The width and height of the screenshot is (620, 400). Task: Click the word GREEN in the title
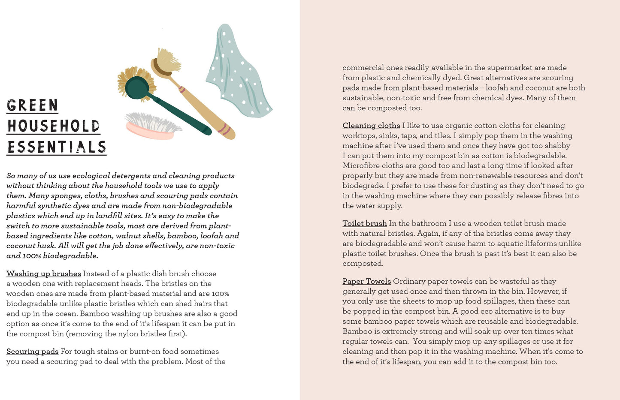[x=32, y=105]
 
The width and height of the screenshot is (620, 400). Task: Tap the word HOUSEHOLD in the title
[x=54, y=126]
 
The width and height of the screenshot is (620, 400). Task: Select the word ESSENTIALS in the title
[x=57, y=147]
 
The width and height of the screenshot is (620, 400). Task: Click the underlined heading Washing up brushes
[x=44, y=274]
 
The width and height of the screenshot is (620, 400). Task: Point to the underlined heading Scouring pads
[x=33, y=352]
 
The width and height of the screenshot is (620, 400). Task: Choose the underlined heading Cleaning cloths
[x=371, y=126]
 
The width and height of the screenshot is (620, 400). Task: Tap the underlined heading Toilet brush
[x=365, y=223]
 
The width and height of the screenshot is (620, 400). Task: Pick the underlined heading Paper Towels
[x=366, y=281]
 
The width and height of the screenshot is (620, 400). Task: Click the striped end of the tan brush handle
[x=225, y=129]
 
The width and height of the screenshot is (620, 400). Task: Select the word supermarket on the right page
[x=508, y=68]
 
